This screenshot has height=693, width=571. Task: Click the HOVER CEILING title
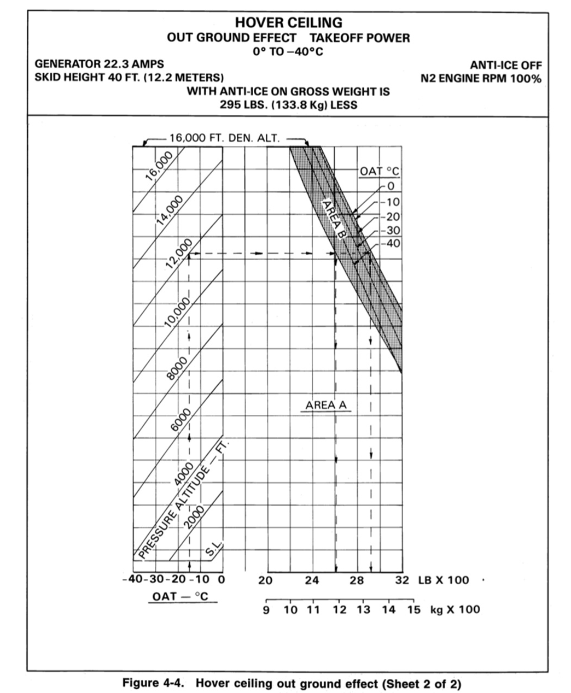tap(288, 23)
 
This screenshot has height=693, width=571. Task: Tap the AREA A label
tap(326, 406)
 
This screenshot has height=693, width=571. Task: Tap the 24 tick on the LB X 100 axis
tap(312, 580)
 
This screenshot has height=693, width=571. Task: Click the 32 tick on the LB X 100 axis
tap(402, 580)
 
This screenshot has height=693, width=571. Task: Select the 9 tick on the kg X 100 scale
tap(266, 610)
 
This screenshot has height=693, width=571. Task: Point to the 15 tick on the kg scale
tap(413, 610)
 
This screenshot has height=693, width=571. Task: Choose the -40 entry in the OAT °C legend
tap(392, 244)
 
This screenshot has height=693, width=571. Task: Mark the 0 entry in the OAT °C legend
tap(391, 186)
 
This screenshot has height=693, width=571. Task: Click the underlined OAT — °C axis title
tap(180, 596)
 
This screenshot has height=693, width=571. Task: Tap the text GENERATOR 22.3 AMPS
tap(99, 64)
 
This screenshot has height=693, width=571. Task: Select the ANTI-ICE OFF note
tap(506, 66)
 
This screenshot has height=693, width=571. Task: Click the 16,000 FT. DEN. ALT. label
tap(224, 139)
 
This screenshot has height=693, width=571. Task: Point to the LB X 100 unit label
tap(444, 580)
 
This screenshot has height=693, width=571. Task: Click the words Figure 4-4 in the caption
tap(155, 683)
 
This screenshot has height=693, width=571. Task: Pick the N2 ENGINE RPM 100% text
tap(481, 79)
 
